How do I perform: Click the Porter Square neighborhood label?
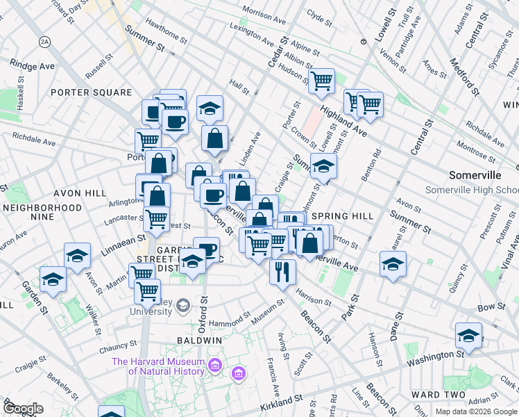pyautogui.click(x=90, y=92)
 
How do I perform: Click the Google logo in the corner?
pyautogui.click(x=23, y=409)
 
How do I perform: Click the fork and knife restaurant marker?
pyautogui.click(x=282, y=270)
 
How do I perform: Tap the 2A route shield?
pyautogui.click(x=45, y=42)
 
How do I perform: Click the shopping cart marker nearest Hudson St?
pyautogui.click(x=321, y=80)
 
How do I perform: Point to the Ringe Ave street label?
pyautogui.click(x=32, y=65)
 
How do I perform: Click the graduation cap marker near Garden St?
pyautogui.click(x=53, y=279)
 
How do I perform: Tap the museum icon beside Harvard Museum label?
pyautogui.click(x=238, y=375)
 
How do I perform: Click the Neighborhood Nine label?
pyautogui.click(x=42, y=212)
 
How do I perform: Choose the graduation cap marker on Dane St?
pyautogui.click(x=393, y=263)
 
